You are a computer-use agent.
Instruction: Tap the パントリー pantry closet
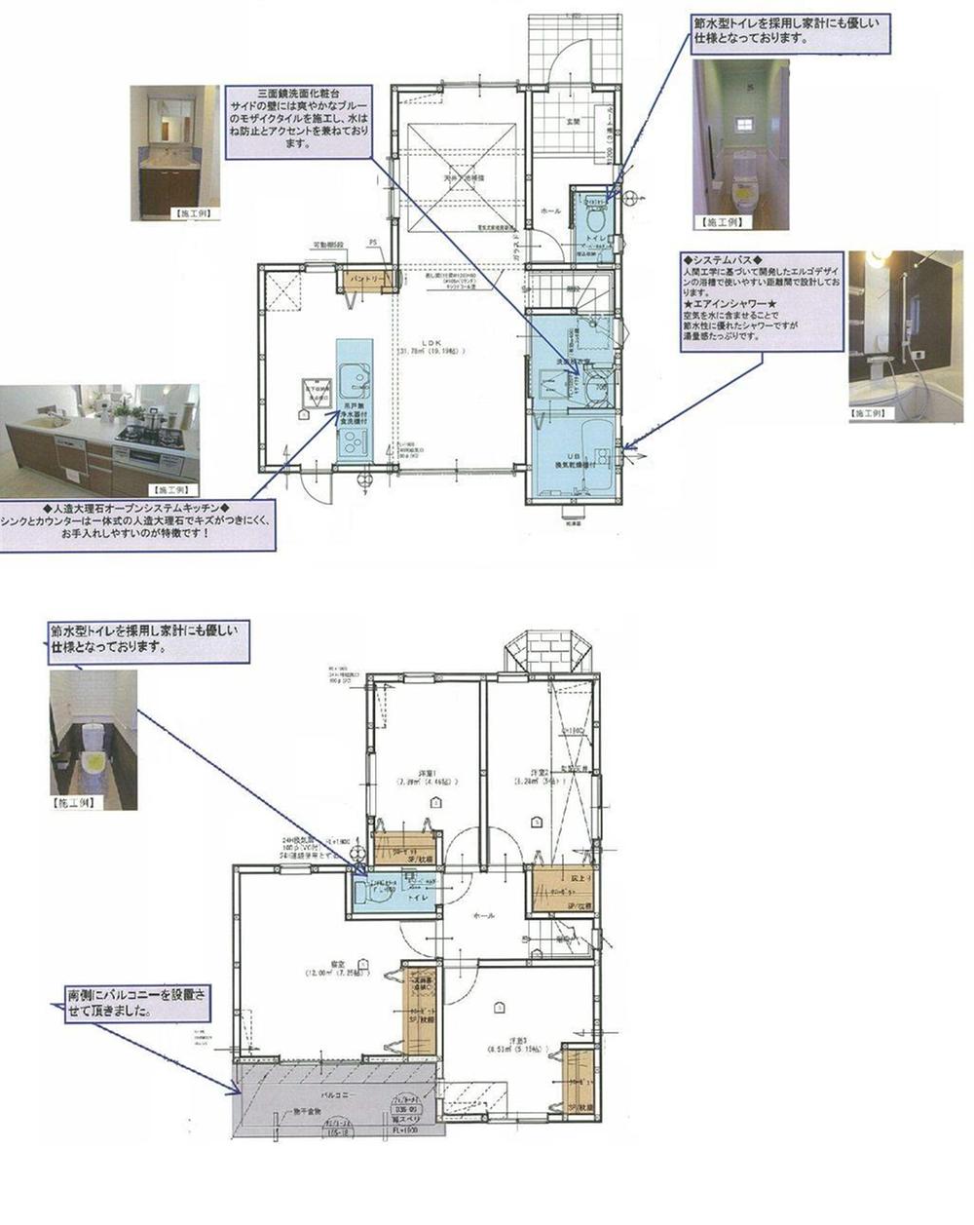click(x=368, y=280)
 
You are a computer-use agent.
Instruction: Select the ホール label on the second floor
click(x=484, y=916)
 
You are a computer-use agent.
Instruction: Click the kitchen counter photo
click(x=99, y=440)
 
